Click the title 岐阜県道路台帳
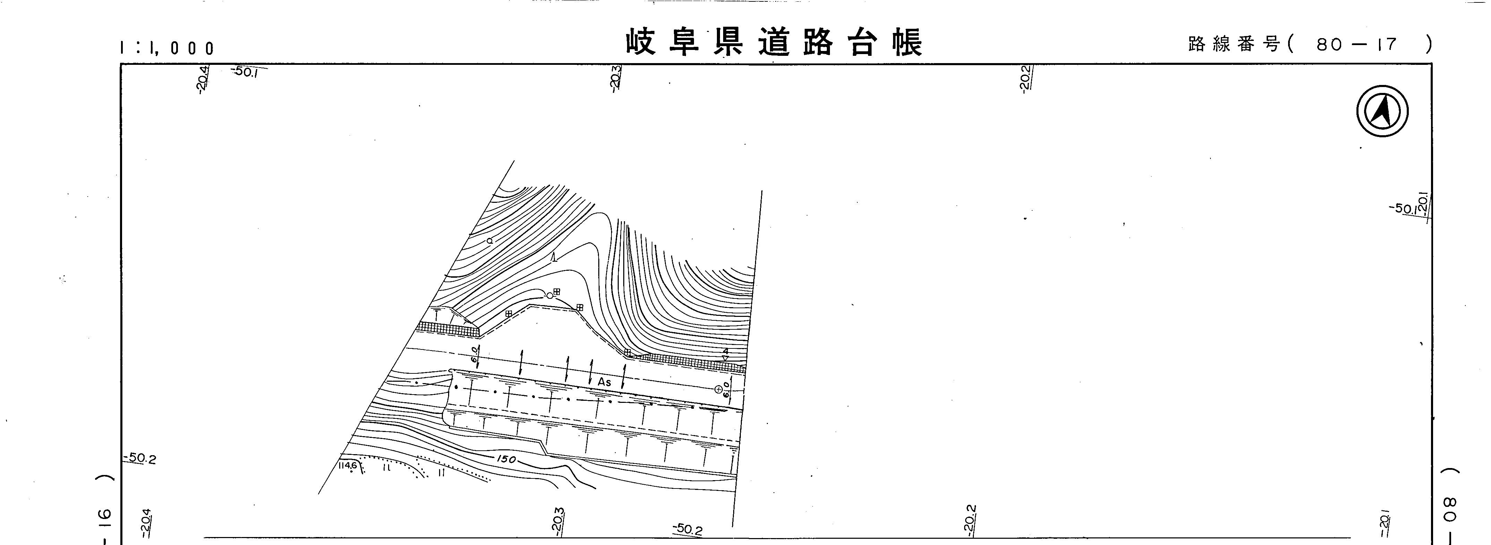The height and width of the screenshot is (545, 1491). (x=774, y=42)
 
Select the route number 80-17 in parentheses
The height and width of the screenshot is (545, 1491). (x=1356, y=44)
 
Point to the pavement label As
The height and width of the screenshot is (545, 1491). (x=604, y=382)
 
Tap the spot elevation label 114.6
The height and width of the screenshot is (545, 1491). (x=348, y=466)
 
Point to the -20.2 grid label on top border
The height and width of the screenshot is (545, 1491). (x=1025, y=78)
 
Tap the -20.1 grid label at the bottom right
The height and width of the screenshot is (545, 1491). (x=1383, y=527)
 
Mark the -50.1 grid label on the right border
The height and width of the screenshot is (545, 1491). (x=1404, y=209)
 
